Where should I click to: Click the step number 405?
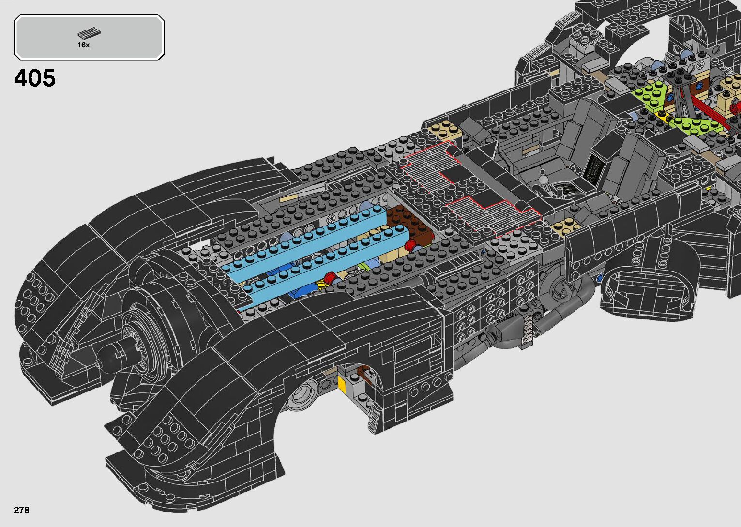[35, 78]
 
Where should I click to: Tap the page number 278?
[21, 510]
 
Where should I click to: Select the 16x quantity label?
[83, 45]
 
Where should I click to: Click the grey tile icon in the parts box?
[89, 34]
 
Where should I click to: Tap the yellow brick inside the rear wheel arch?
[342, 385]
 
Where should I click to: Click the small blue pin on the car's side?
[600, 278]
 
